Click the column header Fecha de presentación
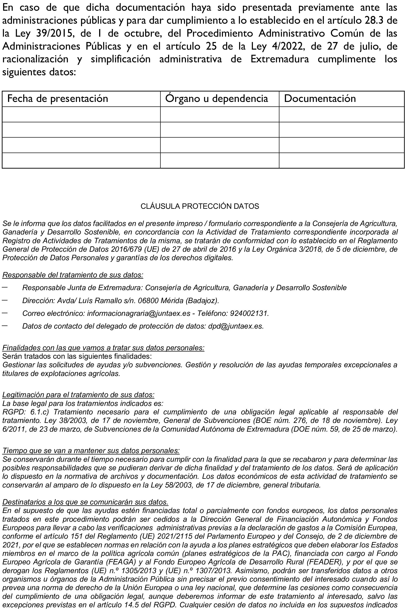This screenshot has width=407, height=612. point(58,99)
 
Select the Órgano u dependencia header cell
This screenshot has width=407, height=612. point(217,99)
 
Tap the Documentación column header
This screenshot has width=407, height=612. point(320,99)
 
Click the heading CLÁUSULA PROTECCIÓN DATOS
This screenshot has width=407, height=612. point(200,206)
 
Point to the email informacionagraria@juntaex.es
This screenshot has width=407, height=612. point(139,313)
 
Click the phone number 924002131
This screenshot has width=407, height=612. point(249,313)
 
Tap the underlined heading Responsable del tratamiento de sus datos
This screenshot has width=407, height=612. point(73,275)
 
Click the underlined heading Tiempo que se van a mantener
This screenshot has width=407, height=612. point(91,450)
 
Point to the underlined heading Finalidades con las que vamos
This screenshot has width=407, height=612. point(103,348)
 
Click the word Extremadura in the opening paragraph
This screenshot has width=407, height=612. point(280,59)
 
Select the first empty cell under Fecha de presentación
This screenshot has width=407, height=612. point(81,114)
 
